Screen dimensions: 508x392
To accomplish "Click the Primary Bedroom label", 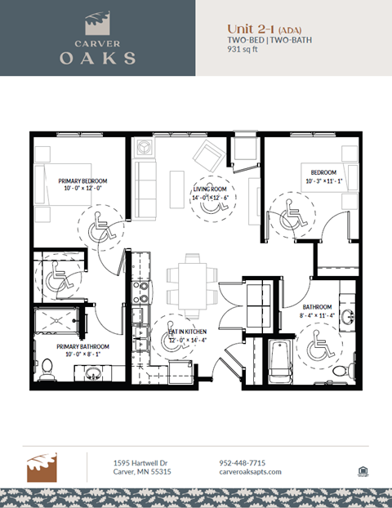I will pyautogui.click(x=82, y=180).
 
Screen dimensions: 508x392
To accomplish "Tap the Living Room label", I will pyautogui.click(x=210, y=188).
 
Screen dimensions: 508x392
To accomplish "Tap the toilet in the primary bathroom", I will pyautogui.click(x=48, y=368).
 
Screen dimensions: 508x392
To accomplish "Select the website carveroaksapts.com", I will pyautogui.click(x=250, y=472).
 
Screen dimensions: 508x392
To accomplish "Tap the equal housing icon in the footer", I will pyautogui.click(x=362, y=470).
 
